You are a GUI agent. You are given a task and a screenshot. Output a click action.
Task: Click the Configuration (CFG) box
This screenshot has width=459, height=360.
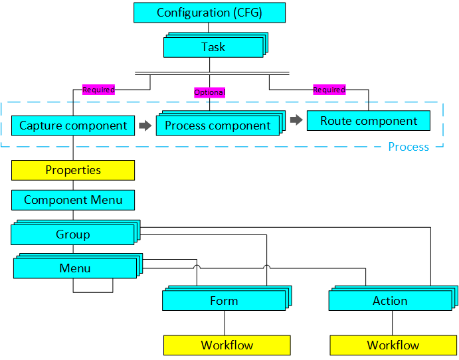tap(209, 13)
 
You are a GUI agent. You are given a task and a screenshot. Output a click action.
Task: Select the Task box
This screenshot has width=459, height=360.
tap(213, 47)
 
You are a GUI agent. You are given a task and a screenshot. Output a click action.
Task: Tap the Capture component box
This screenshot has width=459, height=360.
tap(72, 126)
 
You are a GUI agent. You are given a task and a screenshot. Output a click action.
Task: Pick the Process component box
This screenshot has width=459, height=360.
tap(217, 126)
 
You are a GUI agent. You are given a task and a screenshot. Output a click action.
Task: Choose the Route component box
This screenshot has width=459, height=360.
tap(368, 121)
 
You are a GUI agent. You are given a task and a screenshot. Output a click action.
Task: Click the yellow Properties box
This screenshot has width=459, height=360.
tap(73, 170)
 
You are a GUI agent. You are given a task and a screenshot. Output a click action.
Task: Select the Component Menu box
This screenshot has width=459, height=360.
tap(73, 200)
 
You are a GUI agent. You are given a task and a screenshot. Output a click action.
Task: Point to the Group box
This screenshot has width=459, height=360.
tap(72, 234)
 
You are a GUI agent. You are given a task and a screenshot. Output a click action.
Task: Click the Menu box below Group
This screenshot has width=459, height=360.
tap(74, 268)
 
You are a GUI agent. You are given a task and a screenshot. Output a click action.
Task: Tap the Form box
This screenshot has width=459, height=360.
tap(224, 301)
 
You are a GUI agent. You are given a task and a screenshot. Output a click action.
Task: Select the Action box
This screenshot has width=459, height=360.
tap(390, 301)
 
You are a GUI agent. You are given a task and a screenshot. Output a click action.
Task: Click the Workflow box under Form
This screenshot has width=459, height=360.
tap(227, 345)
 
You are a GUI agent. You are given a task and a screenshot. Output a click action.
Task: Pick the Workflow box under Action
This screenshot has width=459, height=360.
tap(393, 345)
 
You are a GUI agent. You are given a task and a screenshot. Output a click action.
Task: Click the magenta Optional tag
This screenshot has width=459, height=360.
tap(209, 92)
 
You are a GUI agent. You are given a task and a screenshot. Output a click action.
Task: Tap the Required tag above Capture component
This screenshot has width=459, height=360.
tap(98, 90)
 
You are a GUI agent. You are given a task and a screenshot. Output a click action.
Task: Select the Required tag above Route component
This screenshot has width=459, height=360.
tap(329, 90)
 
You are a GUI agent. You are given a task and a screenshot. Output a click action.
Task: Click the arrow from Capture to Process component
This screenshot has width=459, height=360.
tap(145, 125)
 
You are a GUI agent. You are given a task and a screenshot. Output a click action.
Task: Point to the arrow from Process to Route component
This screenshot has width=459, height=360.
tap(296, 120)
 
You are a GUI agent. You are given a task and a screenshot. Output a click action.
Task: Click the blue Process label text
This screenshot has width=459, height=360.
tap(409, 147)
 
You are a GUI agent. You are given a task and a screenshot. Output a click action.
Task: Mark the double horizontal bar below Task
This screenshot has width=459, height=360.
tap(212, 72)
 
